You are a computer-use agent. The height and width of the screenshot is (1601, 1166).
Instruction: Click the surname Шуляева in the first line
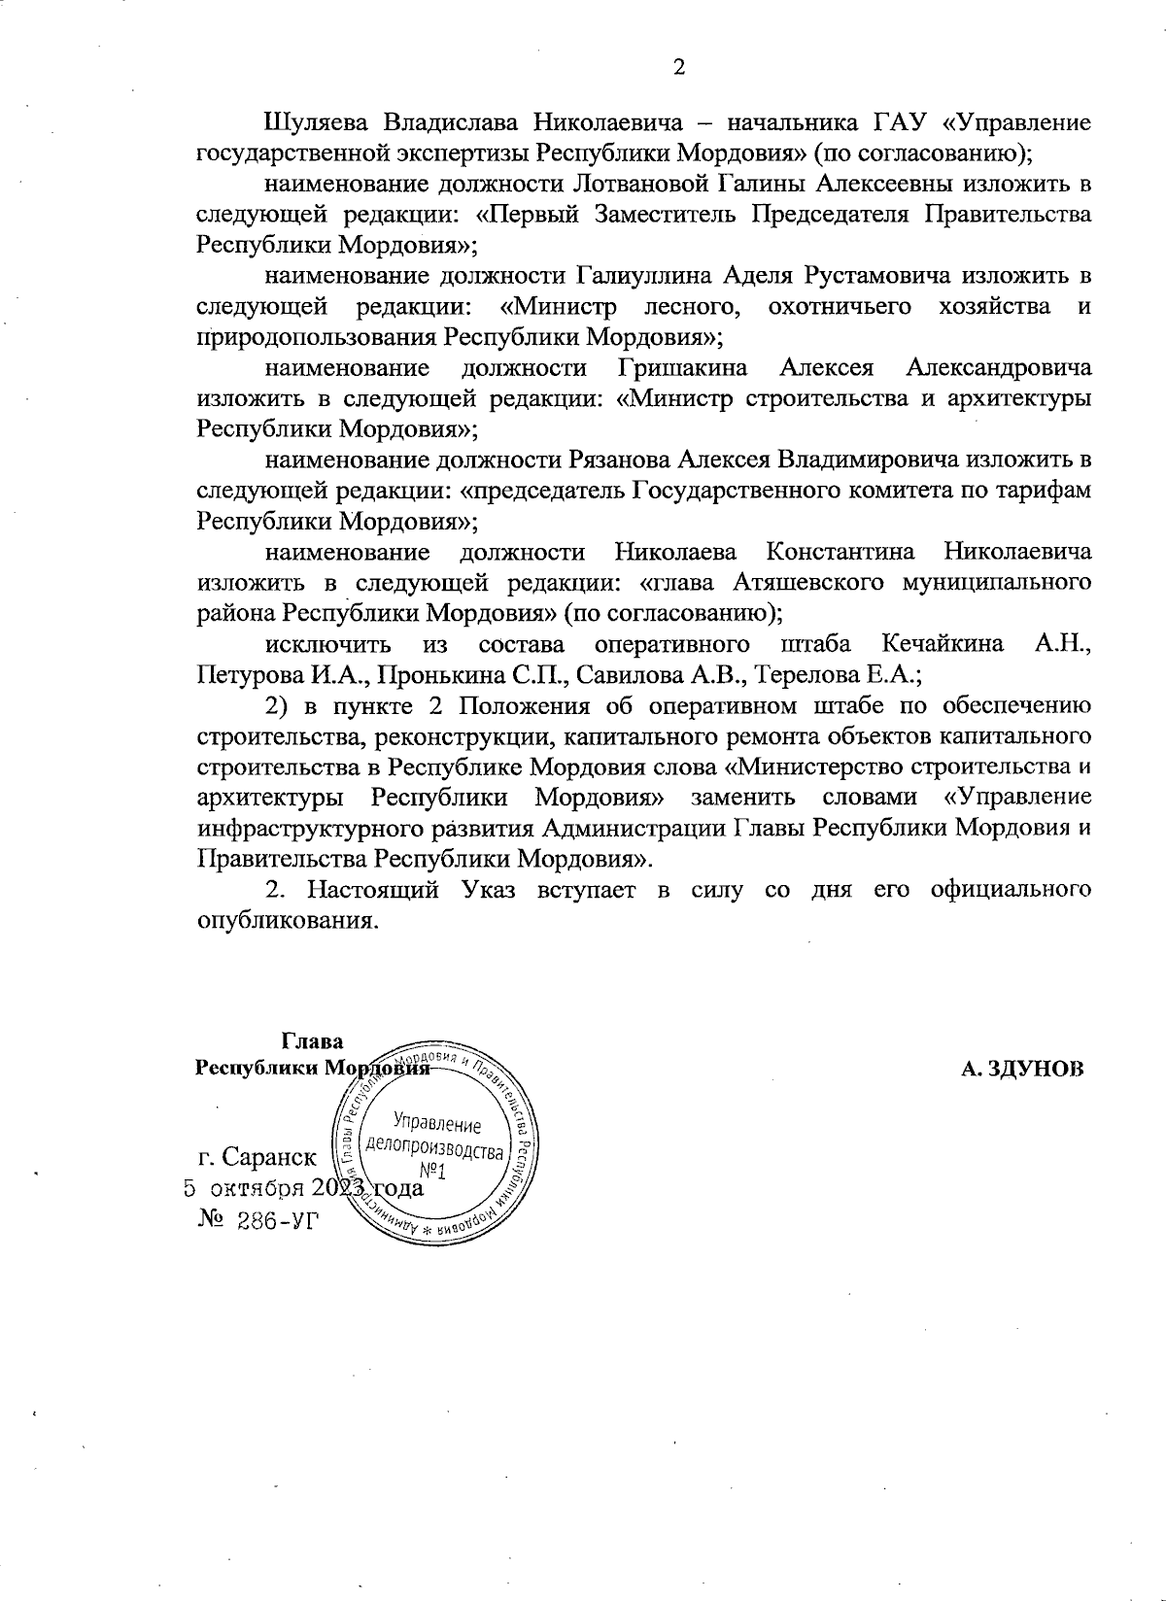tap(316, 123)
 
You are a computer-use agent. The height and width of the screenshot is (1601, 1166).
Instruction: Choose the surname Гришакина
tap(682, 368)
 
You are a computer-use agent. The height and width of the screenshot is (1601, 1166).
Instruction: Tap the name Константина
tap(840, 552)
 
